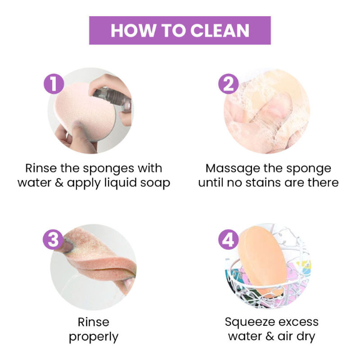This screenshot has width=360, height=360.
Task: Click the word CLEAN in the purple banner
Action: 220,31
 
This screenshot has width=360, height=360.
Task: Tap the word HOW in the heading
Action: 133,31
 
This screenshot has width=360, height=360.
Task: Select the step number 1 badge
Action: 54,84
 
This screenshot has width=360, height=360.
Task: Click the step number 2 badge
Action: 229,84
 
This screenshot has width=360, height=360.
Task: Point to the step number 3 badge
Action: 53,239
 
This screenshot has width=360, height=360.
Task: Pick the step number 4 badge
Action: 229,239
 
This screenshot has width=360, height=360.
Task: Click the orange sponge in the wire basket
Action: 262,261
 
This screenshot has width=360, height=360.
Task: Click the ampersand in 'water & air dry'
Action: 270,337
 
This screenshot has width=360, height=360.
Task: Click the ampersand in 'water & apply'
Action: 59,183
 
